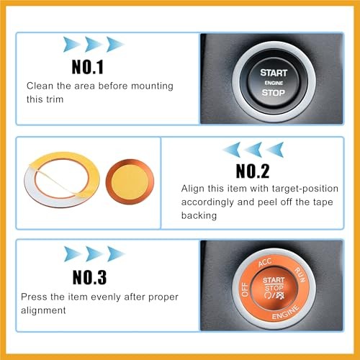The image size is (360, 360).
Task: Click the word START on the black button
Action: coord(274,73)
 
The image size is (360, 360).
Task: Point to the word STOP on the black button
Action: coord(274,93)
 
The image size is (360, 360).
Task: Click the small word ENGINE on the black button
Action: coord(274,83)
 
